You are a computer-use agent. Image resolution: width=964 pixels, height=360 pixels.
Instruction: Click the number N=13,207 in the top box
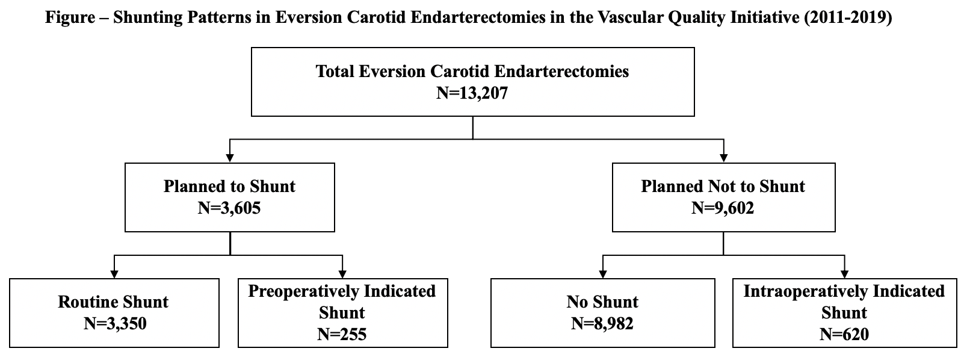[x=472, y=93]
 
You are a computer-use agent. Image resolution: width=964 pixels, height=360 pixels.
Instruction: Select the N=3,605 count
[x=229, y=208]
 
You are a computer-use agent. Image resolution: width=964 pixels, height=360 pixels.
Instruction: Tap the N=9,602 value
[x=723, y=208]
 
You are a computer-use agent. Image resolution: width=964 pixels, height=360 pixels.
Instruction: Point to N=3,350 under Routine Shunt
[x=115, y=324]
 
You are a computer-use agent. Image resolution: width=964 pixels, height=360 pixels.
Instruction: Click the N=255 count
[x=342, y=335]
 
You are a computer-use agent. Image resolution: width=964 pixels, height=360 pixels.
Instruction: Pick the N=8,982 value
[x=602, y=324]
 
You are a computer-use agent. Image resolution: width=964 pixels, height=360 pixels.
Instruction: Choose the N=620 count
[x=844, y=335]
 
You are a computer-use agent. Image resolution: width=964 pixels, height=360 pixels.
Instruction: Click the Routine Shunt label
[x=113, y=302]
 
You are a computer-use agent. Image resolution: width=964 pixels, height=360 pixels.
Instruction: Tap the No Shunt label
[x=602, y=302]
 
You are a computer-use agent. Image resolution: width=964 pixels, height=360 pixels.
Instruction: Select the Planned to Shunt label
[x=229, y=187]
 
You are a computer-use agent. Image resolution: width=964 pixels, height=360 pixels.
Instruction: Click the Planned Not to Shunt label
[x=723, y=187]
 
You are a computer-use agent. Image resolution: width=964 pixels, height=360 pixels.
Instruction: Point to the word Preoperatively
[x=303, y=291]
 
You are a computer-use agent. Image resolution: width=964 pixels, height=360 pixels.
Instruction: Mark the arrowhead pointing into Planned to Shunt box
[x=230, y=158]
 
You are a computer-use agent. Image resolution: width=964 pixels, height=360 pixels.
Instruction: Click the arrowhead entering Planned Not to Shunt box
[x=724, y=158]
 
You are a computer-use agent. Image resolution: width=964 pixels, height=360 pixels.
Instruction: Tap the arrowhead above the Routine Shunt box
[x=114, y=274]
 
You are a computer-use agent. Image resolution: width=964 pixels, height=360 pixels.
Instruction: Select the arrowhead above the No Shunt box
[x=603, y=274]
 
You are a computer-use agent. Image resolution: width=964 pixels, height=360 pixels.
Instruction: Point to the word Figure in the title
[x=70, y=17]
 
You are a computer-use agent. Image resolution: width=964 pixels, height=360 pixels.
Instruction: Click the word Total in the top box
[x=335, y=72]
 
